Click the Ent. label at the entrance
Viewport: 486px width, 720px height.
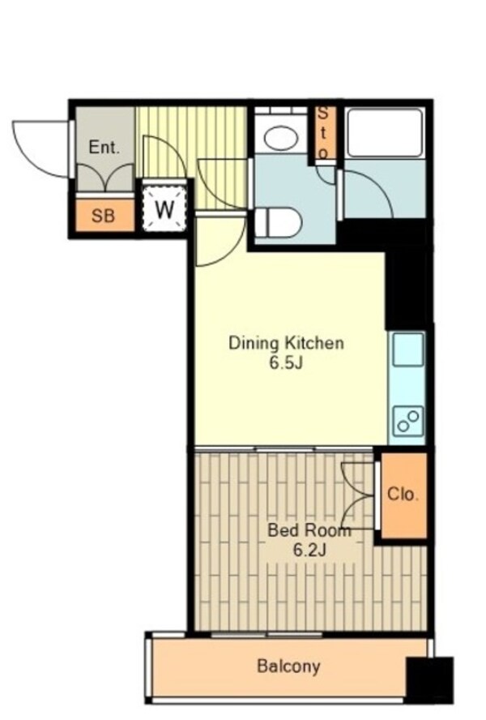(x=104, y=148)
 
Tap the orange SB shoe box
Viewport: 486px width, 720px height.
(x=104, y=216)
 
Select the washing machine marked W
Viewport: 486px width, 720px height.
(x=164, y=210)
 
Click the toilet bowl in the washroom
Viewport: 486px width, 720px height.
(x=278, y=223)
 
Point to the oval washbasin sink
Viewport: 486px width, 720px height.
(x=281, y=139)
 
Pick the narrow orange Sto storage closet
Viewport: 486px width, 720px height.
(x=323, y=133)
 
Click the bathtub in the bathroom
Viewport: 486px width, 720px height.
(x=386, y=133)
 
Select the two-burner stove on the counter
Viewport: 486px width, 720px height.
(x=407, y=420)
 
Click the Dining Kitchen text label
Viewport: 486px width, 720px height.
(x=287, y=343)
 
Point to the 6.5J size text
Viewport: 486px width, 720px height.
(x=287, y=363)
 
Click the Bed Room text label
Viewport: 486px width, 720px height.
(x=309, y=531)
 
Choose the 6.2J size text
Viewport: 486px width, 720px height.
(x=309, y=550)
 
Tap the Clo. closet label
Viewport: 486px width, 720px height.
(x=403, y=495)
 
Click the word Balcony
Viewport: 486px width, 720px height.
(x=288, y=666)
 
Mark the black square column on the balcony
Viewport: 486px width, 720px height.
(x=429, y=680)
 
